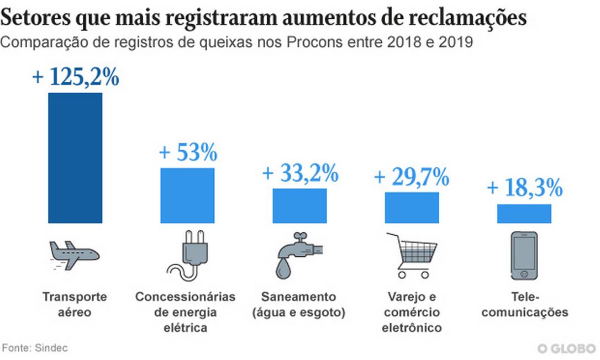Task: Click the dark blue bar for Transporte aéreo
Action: tap(75, 158)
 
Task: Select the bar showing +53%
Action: tap(187, 195)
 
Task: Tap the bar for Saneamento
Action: tap(299, 206)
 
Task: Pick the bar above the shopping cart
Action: tap(412, 208)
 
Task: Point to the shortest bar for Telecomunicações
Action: tap(524, 214)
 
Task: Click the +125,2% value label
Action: tap(76, 77)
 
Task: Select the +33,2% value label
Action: tap(299, 173)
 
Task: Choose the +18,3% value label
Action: tap(524, 188)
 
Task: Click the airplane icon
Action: tap(73, 255)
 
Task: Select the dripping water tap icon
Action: tap(299, 255)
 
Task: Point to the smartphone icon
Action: tap(524, 256)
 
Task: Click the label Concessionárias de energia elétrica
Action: tap(186, 312)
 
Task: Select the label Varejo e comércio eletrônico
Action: tap(412, 312)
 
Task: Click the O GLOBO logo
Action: tap(566, 348)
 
